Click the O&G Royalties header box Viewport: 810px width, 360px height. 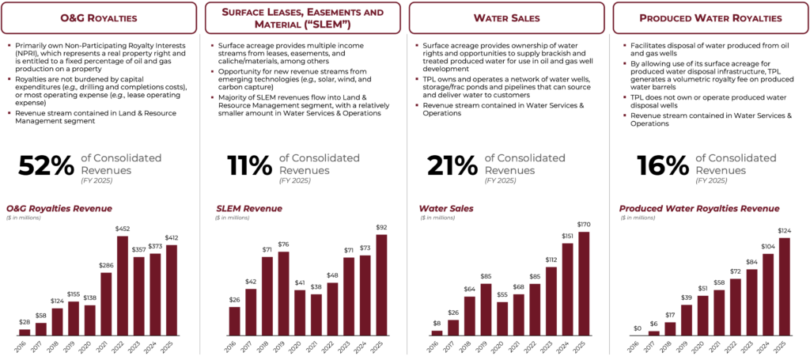click(x=100, y=17)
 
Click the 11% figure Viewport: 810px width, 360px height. click(x=249, y=165)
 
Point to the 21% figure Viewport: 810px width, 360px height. click(x=452, y=165)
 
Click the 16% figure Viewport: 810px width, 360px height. click(x=662, y=165)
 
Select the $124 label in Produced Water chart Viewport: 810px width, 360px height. click(x=785, y=231)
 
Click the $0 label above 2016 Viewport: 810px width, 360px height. click(x=637, y=328)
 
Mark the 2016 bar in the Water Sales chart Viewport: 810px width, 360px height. click(x=437, y=332)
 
